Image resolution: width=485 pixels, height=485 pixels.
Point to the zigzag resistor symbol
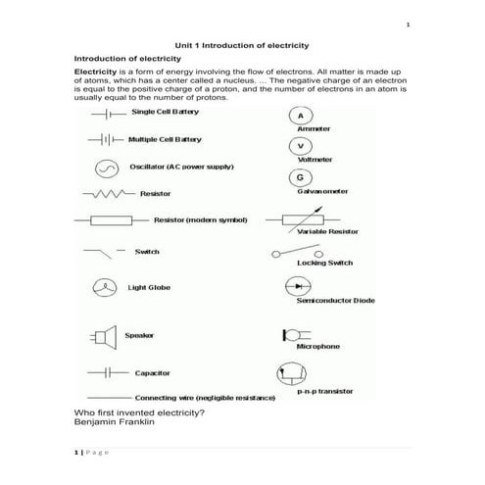[109, 194]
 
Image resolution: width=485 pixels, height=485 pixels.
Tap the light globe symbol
[103, 288]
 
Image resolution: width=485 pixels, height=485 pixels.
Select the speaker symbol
[102, 336]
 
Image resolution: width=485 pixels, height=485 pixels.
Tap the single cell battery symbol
[106, 114]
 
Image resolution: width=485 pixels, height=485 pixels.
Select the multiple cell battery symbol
[104, 139]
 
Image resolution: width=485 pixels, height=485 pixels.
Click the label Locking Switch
[324, 264]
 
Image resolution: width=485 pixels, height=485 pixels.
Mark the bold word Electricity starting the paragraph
[95, 72]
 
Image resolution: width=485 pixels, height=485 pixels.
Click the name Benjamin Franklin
[114, 422]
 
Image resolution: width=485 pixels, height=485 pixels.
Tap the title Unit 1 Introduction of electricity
[241, 45]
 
